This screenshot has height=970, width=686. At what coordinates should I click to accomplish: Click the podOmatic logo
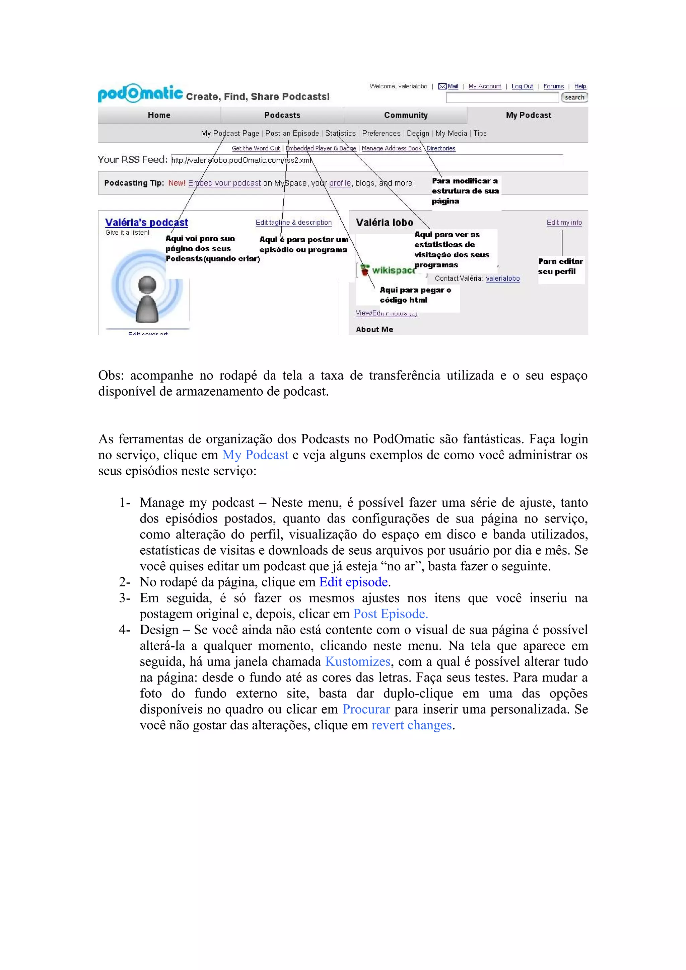click(140, 93)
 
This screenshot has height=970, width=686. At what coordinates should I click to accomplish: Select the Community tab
click(405, 115)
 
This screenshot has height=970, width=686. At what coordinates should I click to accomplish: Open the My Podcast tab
click(528, 115)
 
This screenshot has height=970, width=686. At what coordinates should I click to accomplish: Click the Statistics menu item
click(340, 133)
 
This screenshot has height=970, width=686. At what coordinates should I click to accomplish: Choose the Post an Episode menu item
click(292, 133)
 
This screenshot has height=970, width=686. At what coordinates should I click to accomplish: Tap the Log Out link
click(522, 86)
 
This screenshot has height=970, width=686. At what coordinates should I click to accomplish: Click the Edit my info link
click(564, 222)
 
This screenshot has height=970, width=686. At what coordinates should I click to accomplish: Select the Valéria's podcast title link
click(146, 222)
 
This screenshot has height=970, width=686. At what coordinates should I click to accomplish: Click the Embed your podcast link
click(224, 183)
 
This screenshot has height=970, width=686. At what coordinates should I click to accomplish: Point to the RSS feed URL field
click(241, 160)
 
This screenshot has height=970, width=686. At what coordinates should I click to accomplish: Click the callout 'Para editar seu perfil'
click(560, 266)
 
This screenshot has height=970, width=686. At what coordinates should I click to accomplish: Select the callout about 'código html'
click(415, 295)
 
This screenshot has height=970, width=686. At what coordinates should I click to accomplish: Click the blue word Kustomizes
click(358, 661)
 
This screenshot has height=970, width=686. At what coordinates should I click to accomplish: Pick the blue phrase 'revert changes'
click(411, 725)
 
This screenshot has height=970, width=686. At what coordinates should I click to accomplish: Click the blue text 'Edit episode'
click(353, 582)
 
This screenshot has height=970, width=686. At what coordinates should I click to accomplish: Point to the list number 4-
click(124, 630)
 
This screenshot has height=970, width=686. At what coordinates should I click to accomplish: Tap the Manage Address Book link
click(391, 148)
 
